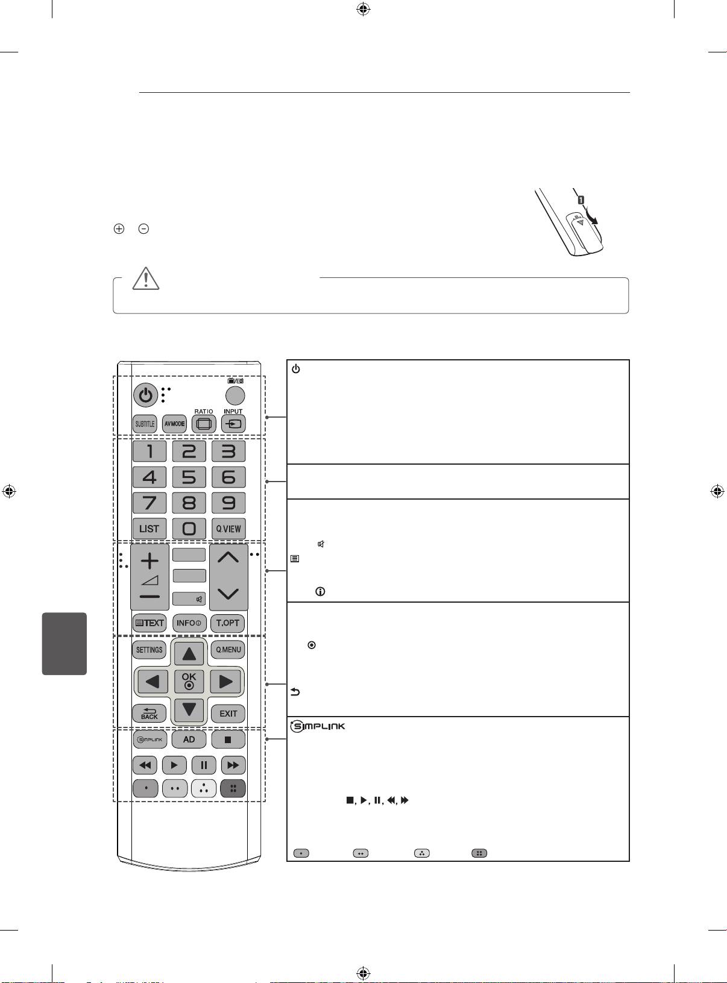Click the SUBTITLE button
(145, 424)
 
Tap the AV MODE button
(174, 424)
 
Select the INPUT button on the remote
(233, 424)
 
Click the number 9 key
(228, 503)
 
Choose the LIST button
(149, 529)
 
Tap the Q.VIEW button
(228, 529)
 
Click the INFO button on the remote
(189, 623)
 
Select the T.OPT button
(228, 623)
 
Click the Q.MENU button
(228, 650)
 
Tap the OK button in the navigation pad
(189, 681)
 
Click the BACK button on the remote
(149, 714)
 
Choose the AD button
(189, 739)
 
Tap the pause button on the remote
(204, 765)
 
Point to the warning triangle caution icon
(146, 278)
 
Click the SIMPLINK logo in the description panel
(318, 726)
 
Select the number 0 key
(189, 529)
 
